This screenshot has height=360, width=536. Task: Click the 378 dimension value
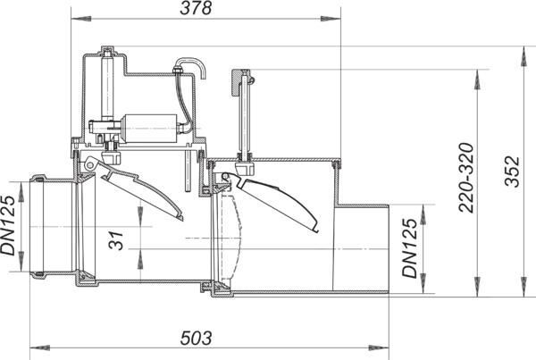(196, 8)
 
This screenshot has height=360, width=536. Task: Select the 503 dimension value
(196, 339)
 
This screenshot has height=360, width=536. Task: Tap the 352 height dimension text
(513, 172)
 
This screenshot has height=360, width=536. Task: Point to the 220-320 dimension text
(466, 178)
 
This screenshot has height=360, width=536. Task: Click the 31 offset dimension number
(116, 241)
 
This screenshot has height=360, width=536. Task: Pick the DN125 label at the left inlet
(8, 225)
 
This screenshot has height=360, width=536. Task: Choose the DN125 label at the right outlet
(410, 247)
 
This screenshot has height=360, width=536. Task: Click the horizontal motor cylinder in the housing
(149, 129)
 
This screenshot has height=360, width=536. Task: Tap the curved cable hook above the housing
(192, 66)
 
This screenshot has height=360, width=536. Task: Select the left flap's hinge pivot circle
(90, 165)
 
